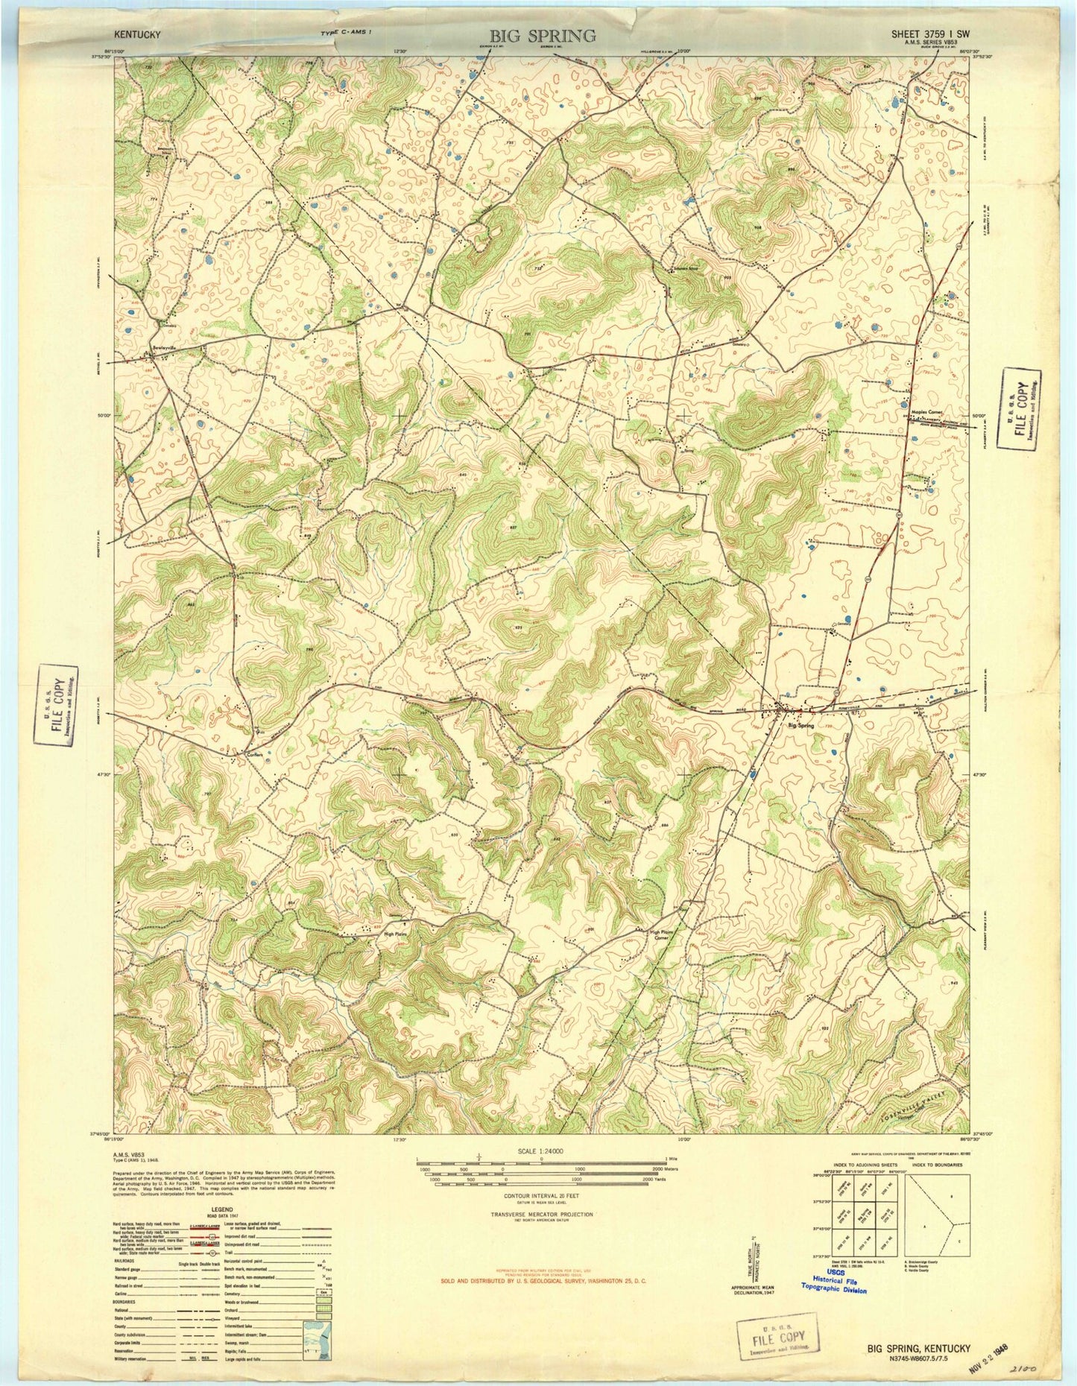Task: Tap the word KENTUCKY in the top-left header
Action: pyautogui.click(x=138, y=34)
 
